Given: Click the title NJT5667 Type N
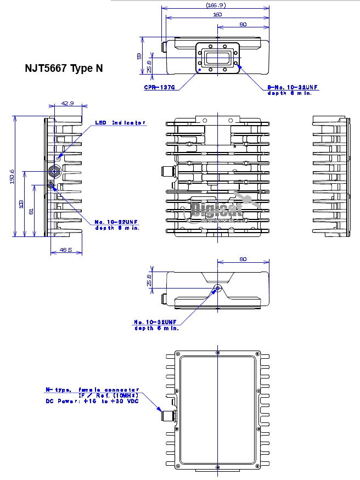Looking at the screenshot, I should [x=64, y=69].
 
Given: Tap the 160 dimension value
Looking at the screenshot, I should [x=217, y=15].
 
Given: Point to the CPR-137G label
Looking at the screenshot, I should [x=159, y=87].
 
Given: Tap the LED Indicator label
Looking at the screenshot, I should [x=120, y=123].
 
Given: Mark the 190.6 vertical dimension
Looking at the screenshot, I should [x=12, y=176].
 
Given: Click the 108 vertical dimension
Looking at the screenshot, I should [x=21, y=204].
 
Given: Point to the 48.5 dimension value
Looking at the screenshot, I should [x=66, y=250].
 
